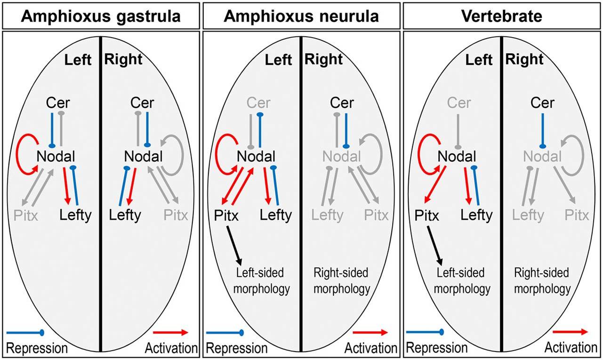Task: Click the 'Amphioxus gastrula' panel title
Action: [x=101, y=16]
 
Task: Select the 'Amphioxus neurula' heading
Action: [x=301, y=16]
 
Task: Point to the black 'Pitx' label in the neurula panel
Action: [x=226, y=216]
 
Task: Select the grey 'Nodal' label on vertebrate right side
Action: [x=542, y=156]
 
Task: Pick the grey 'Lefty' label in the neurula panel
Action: [x=328, y=216]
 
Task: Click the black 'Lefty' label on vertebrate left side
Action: [x=476, y=216]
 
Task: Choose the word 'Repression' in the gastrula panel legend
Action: [x=37, y=348]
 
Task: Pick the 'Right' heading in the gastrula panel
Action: [x=122, y=59]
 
